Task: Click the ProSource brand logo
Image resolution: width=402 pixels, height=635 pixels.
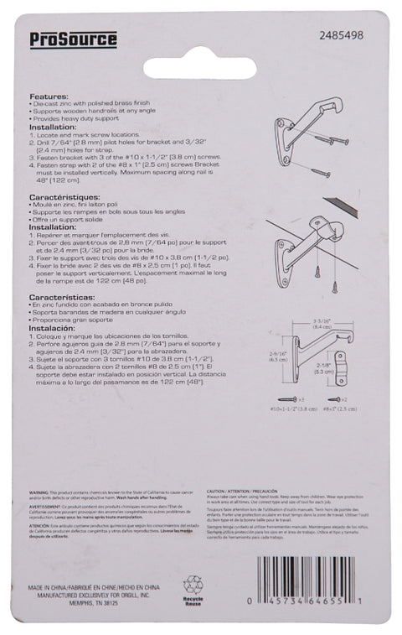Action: [x=74, y=39]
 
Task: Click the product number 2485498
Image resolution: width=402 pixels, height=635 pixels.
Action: [x=341, y=36]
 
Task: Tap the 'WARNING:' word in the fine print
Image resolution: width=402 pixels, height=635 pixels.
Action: [x=43, y=497]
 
